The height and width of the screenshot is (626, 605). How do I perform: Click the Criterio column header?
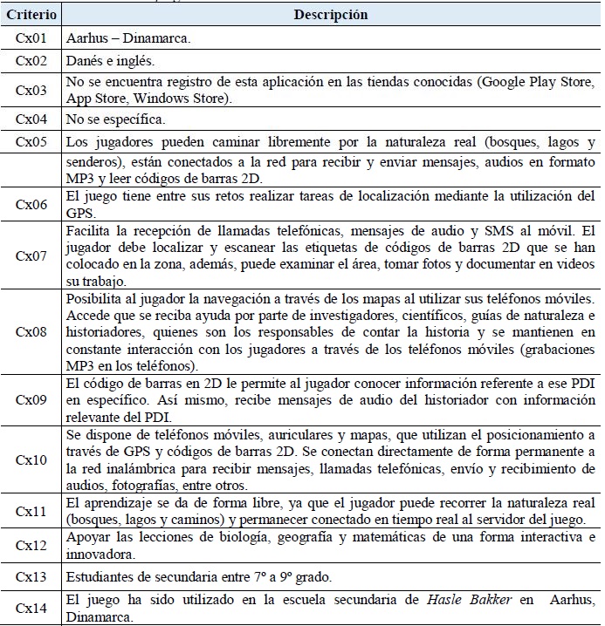click(31, 16)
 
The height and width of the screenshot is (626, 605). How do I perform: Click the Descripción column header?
click(331, 16)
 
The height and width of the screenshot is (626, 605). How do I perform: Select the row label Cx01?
click(31, 40)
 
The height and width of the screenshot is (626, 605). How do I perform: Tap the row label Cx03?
click(31, 91)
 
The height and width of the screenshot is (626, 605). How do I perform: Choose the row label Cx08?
click(31, 335)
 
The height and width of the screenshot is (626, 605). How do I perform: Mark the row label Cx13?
click(31, 577)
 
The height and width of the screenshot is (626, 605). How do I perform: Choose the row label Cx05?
click(31, 143)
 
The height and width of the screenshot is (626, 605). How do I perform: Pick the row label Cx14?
click(31, 608)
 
